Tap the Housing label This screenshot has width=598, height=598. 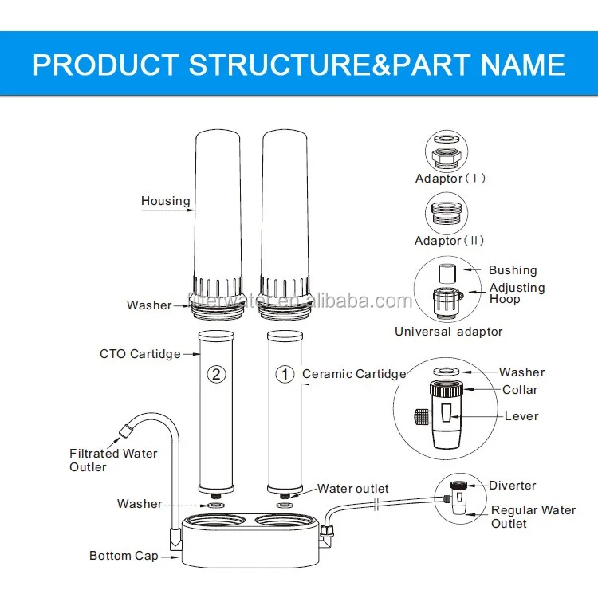(x=166, y=201)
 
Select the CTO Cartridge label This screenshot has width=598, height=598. (x=140, y=353)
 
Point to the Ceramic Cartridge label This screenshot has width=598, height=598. (x=353, y=373)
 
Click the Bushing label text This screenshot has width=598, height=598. (x=513, y=270)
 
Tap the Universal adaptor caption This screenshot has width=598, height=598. (x=448, y=331)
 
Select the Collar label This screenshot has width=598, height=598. (x=520, y=390)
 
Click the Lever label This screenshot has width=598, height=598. (x=521, y=415)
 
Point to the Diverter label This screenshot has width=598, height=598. (x=512, y=486)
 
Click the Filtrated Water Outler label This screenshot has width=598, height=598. (x=112, y=460)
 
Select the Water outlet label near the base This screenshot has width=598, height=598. (x=353, y=488)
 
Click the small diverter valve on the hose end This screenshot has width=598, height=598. (x=458, y=495)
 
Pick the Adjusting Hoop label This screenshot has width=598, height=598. (x=517, y=293)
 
